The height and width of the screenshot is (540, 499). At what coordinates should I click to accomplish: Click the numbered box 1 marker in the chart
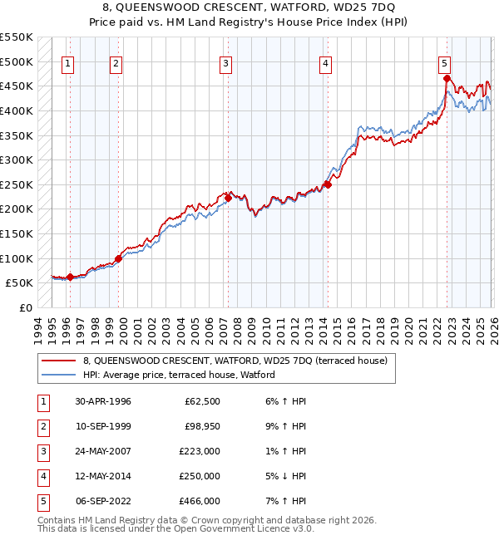tap(68, 63)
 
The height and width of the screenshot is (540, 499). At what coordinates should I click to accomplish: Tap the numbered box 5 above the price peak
tap(445, 63)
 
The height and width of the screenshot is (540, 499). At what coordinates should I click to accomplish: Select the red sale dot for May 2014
tap(328, 184)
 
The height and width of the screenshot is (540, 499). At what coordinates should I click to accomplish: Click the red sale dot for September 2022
tap(447, 79)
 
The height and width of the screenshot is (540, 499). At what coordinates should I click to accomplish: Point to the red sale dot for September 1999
tap(118, 258)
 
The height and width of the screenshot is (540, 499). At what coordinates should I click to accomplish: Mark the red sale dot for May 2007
tap(228, 198)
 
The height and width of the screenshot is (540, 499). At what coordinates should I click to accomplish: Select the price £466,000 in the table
tap(200, 501)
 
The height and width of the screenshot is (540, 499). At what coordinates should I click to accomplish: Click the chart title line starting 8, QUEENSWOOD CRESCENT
tap(249, 7)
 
